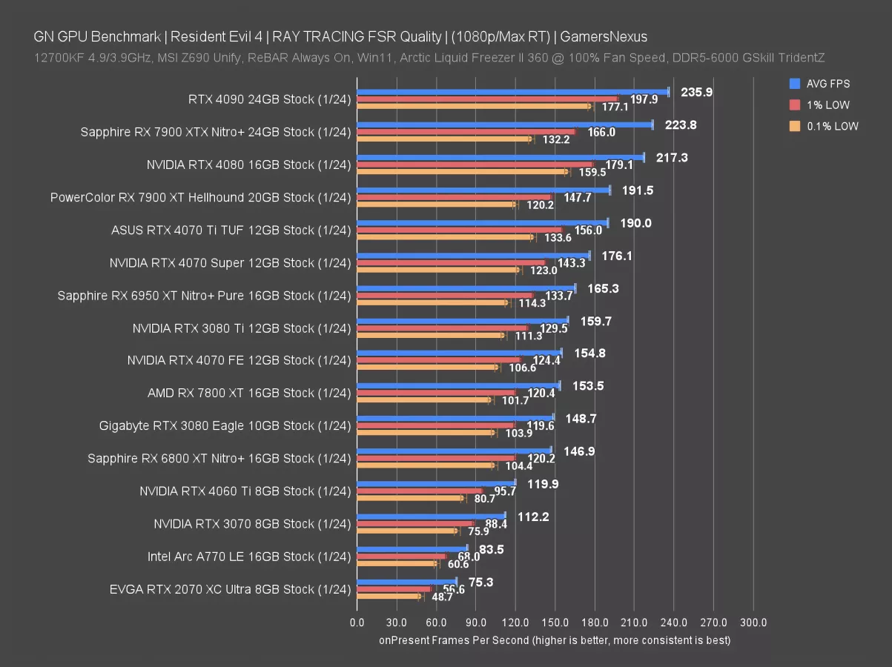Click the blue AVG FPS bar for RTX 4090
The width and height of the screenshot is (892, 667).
pos(512,92)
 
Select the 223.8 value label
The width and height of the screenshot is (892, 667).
pos(681,125)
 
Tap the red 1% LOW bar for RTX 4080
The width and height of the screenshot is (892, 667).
pos(475,165)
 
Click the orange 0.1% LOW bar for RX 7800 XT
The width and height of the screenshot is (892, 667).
pos(423,400)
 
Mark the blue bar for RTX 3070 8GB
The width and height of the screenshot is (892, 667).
pos(430,517)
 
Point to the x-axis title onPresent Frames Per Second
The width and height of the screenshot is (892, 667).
pos(555,640)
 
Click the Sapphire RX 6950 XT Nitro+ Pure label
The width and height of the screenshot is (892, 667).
pos(204,295)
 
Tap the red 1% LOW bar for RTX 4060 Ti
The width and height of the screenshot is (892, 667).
pos(419,491)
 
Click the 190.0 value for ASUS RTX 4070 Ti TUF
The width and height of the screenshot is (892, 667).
pos(635,223)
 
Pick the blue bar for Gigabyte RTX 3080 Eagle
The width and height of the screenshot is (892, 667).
pos(455,419)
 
